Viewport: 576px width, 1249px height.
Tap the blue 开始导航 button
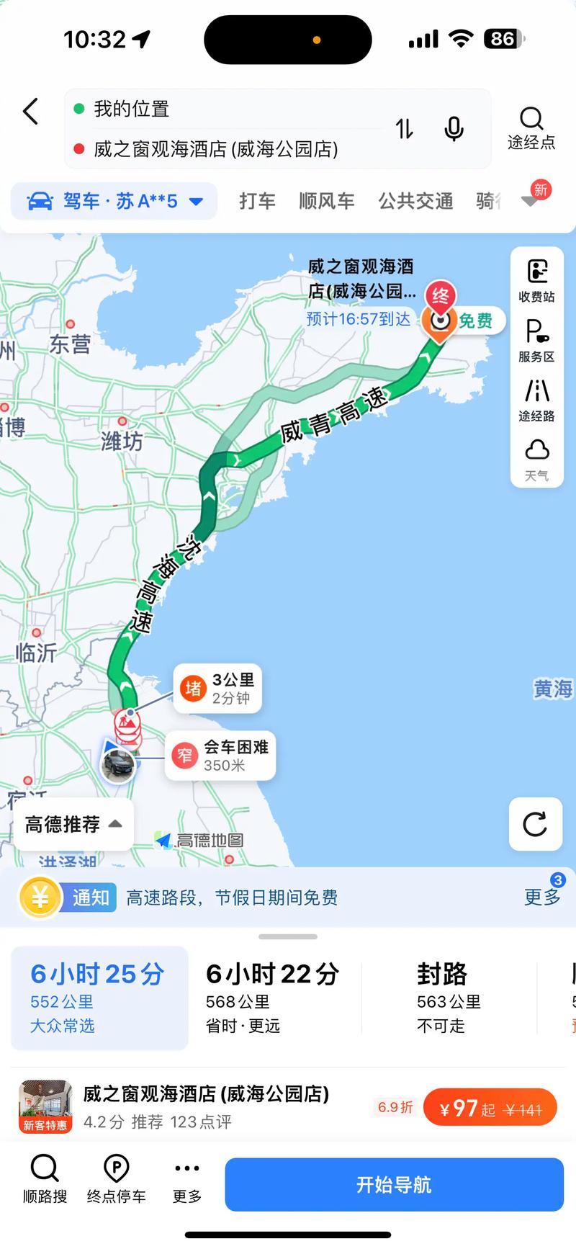coord(394,1185)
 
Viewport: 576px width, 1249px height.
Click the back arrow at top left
coord(30,112)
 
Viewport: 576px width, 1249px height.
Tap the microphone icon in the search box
coord(454,129)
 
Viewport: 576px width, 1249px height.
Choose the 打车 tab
coord(257,201)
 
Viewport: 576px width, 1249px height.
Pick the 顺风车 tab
coord(326,201)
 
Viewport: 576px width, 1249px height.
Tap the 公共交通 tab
coord(415,201)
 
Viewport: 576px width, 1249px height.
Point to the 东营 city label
coord(70,344)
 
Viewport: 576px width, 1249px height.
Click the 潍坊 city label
coord(122,440)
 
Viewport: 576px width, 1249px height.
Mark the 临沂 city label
coord(36,653)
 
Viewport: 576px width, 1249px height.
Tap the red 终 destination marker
coord(440,296)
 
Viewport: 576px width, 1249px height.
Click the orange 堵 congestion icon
coord(193,689)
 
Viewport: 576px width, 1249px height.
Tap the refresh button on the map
coord(535,824)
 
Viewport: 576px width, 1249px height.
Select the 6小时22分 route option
coord(272,997)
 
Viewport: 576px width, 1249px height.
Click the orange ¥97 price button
coord(490,1109)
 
